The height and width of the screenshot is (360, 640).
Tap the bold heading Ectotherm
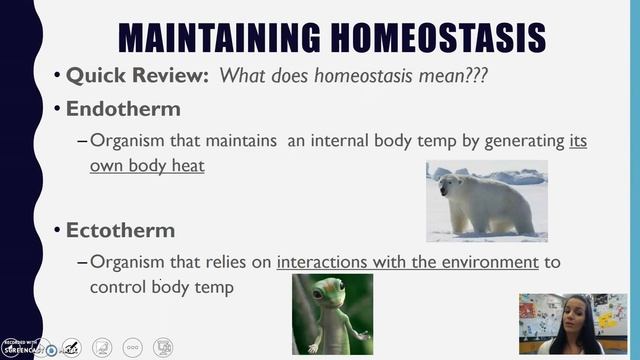(120, 230)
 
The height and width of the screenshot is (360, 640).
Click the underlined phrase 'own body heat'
(147, 165)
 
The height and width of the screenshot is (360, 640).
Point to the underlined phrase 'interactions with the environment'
(407, 263)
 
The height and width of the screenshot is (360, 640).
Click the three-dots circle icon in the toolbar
(132, 347)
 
